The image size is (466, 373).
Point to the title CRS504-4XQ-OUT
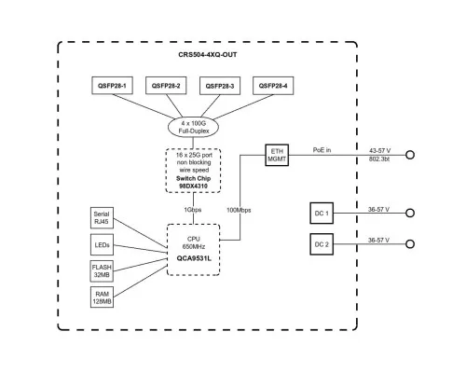click(208, 55)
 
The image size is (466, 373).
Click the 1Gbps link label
click(193, 210)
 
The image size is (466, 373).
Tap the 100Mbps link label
click(239, 210)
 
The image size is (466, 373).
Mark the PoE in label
click(322, 150)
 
